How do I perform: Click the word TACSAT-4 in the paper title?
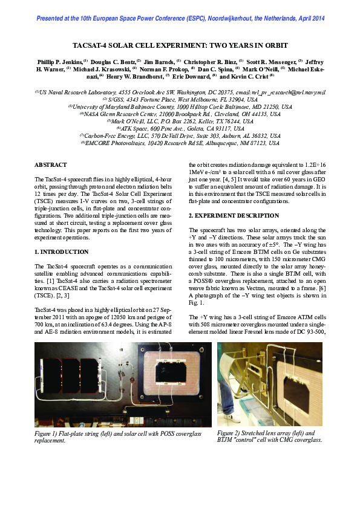point(93,45)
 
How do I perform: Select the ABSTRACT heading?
point(50,164)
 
